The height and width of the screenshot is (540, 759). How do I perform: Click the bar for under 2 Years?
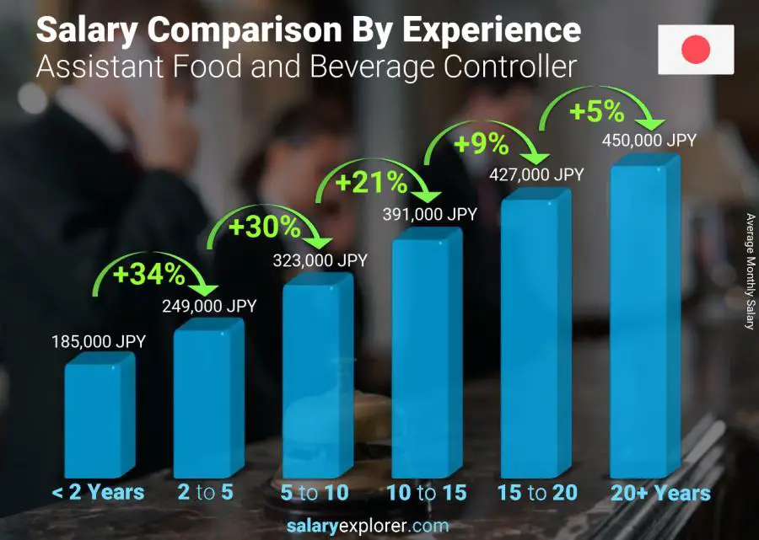pos(98,417)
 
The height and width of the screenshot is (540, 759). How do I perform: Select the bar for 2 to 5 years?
pos(207,400)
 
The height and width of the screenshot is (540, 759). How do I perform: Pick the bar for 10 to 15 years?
pos(425,354)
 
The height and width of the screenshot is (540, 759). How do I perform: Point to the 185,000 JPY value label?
pos(100,342)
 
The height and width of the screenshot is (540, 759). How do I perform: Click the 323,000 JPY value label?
pos(320,261)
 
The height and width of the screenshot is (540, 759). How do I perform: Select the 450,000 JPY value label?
pos(649,141)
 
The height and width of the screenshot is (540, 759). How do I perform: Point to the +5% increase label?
pos(598,111)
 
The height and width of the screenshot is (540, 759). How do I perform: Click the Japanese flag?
pos(696,50)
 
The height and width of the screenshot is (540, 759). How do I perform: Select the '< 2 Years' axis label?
pos(98,493)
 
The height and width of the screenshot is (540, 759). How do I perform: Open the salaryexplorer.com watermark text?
pos(379,526)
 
